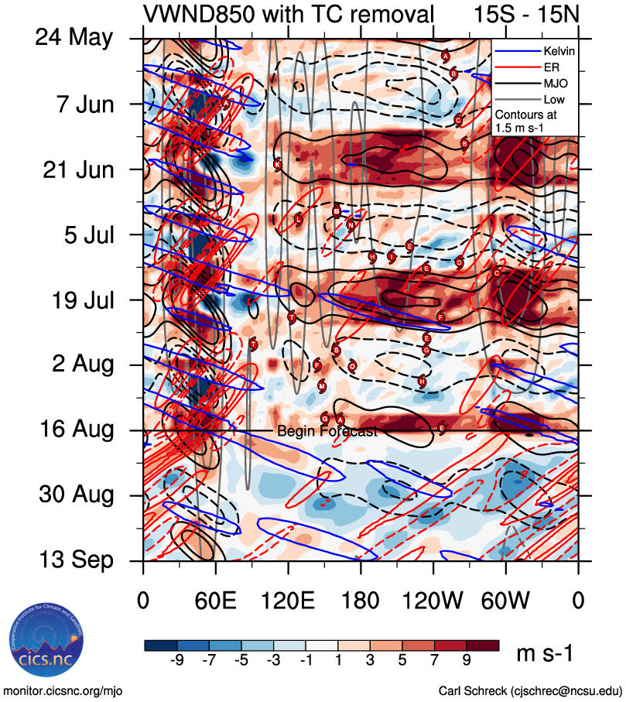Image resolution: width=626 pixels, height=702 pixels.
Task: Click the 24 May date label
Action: click(74, 38)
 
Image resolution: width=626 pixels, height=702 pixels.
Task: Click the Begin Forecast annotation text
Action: click(327, 432)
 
